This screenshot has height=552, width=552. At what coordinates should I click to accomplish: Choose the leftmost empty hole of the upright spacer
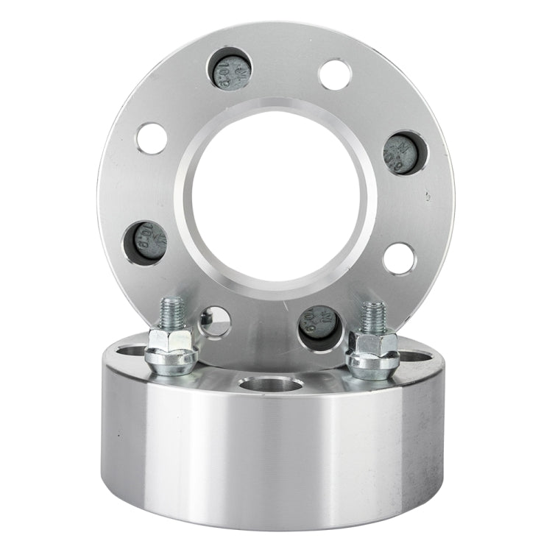point(151,139)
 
